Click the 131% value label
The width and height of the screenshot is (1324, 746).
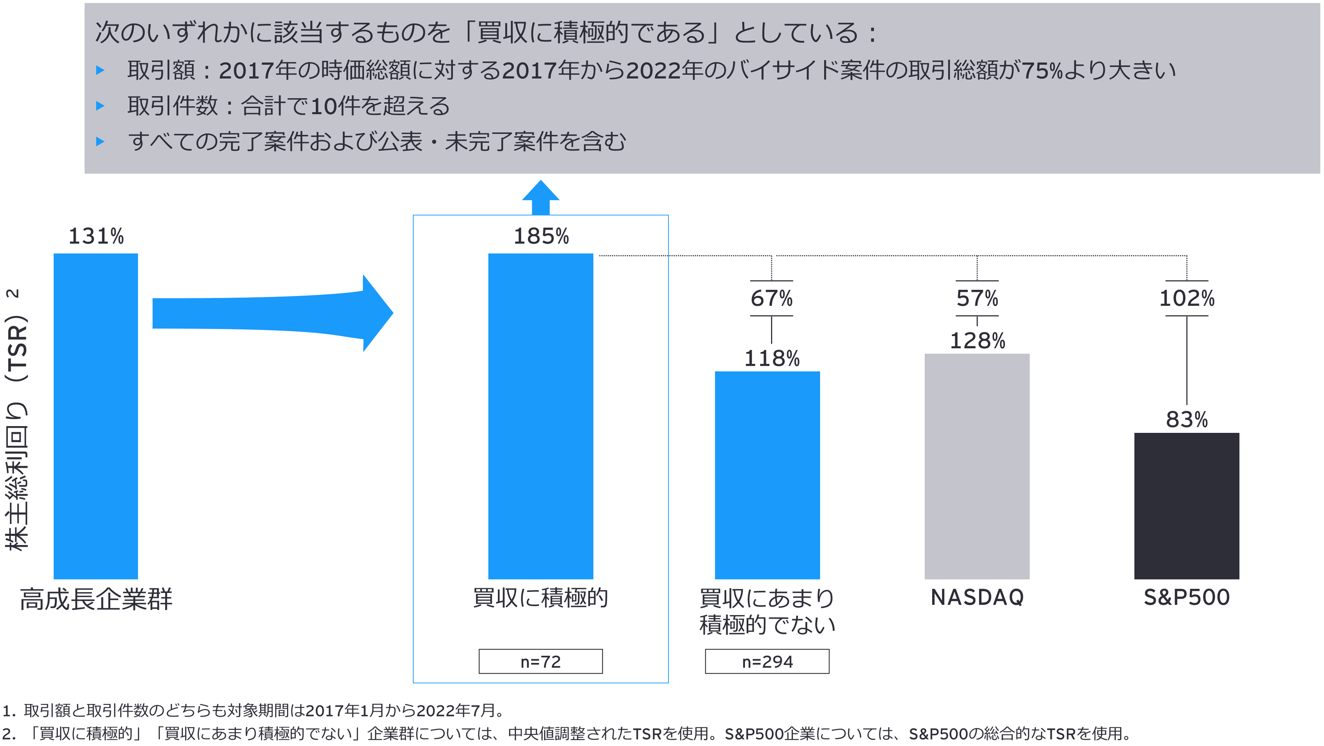tap(96, 236)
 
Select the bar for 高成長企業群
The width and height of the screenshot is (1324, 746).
tap(96, 416)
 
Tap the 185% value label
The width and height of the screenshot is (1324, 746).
tap(541, 236)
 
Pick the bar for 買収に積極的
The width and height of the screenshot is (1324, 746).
tap(540, 416)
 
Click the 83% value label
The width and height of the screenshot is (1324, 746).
tap(1187, 420)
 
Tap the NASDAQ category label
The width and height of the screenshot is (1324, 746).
tap(977, 597)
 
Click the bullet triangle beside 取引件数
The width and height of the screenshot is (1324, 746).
tap(100, 106)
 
